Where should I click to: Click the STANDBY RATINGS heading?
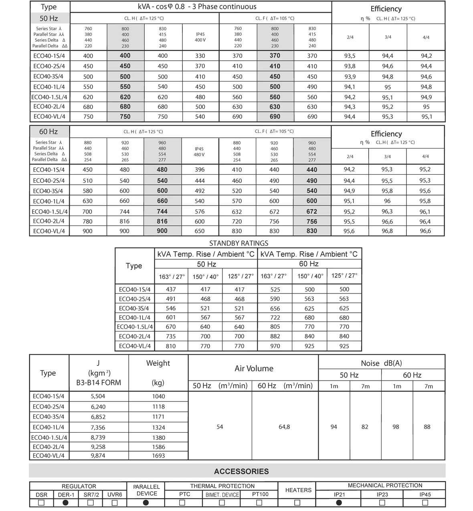click(239, 243)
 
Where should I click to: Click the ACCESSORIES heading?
click(241, 471)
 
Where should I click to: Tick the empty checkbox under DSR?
click(41, 503)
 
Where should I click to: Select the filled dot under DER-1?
click(66, 503)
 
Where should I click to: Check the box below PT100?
click(259, 503)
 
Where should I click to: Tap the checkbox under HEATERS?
click(297, 503)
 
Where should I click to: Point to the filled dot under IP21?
click(339, 503)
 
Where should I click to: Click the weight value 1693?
click(158, 456)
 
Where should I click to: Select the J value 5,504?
click(98, 396)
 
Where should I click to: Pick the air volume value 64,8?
click(284, 427)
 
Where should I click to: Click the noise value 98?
click(396, 427)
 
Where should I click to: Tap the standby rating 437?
click(171, 289)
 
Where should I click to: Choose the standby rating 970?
click(275, 346)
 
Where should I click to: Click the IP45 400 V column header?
click(200, 37)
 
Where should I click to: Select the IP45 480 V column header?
click(199, 151)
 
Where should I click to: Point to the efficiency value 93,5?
click(350, 56)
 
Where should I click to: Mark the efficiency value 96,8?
click(387, 231)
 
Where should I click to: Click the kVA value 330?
click(200, 56)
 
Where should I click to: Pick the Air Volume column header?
click(254, 368)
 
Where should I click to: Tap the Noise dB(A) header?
click(381, 363)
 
